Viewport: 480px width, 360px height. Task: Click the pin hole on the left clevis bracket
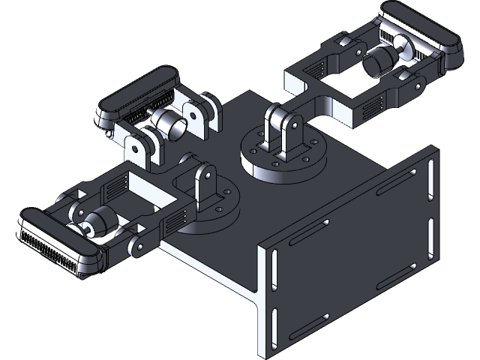click(x=203, y=177)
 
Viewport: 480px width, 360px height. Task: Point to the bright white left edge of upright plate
click(x=262, y=300)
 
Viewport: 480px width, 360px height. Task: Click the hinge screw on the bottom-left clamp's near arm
click(x=138, y=247)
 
